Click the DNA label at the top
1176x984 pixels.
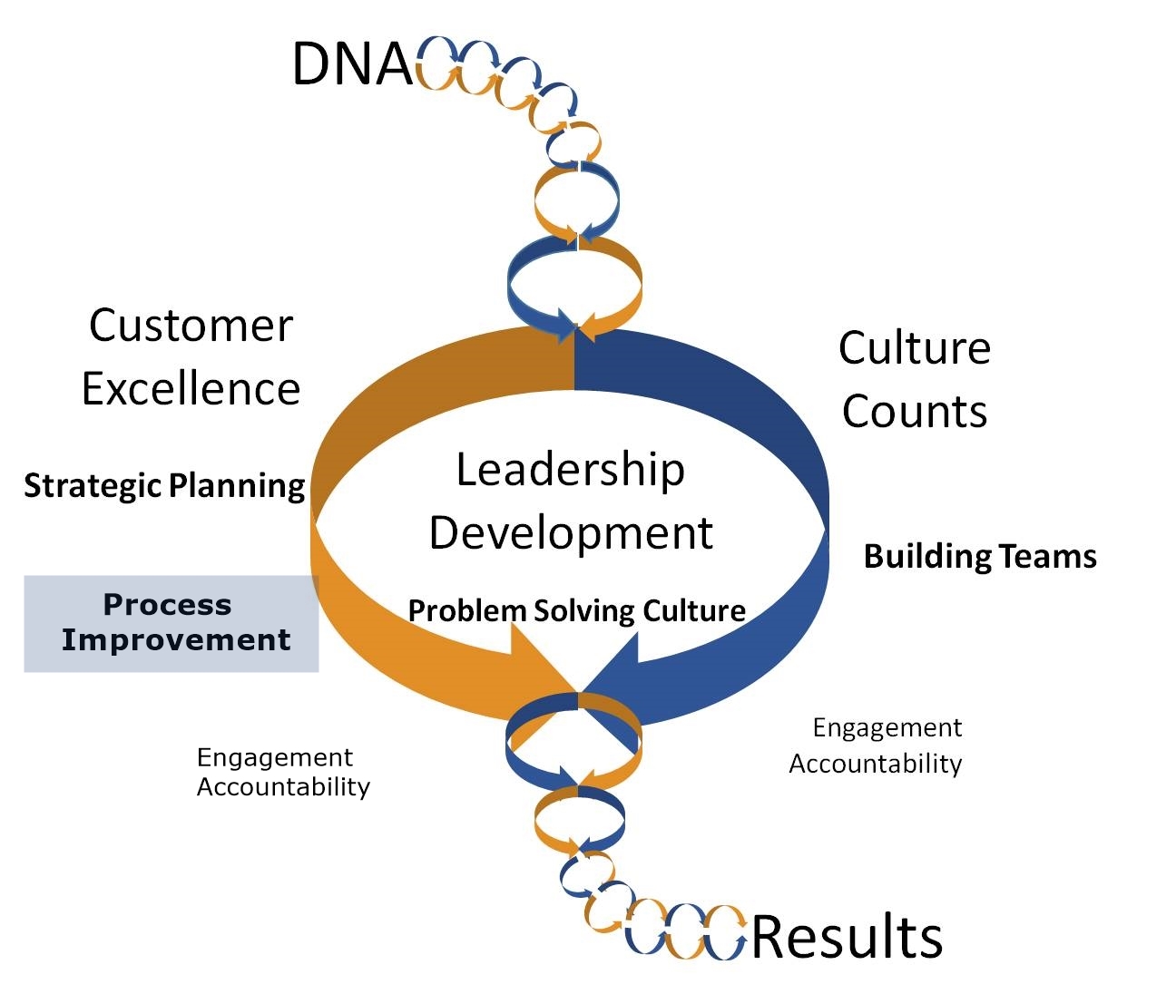point(353,63)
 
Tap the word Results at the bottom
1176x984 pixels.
point(848,937)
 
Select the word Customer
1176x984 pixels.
point(191,326)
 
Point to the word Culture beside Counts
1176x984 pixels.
point(914,348)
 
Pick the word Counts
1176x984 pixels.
point(914,411)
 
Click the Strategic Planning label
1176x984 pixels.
point(164,486)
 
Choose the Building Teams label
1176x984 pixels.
point(980,556)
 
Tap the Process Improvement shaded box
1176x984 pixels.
point(171,623)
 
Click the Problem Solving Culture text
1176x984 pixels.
point(577,610)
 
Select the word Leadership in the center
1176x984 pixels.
point(570,470)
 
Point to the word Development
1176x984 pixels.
point(571,533)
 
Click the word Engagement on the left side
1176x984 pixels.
point(275,757)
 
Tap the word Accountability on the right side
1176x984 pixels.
point(876,764)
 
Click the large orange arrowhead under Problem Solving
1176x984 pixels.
point(542,658)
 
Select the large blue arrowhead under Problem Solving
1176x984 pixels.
point(614,660)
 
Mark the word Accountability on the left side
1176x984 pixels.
point(283,786)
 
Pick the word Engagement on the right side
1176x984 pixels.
point(887,727)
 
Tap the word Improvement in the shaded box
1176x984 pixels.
point(176,640)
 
